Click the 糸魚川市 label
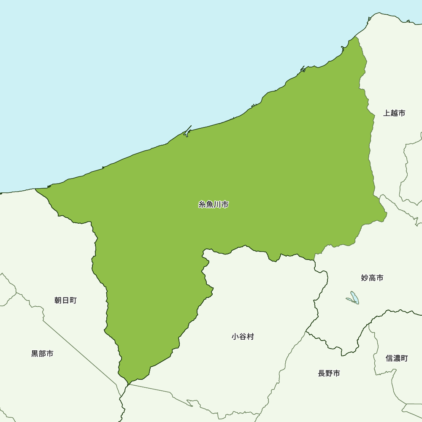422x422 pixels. click(214, 205)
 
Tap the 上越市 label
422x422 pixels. click(394, 113)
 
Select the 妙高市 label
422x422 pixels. click(372, 278)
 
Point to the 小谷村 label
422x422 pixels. click(243, 337)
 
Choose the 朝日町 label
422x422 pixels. click(65, 300)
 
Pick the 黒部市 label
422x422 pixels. click(42, 354)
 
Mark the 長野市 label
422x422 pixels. click(329, 373)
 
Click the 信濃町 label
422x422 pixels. click(397, 358)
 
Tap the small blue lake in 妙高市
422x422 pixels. click(354, 298)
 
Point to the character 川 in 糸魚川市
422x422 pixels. click(217, 205)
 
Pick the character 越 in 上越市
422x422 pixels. click(394, 113)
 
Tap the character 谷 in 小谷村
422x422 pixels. click(243, 337)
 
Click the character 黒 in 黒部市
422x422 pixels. click(35, 354)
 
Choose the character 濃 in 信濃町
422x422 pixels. click(397, 358)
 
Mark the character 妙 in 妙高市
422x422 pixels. click(365, 278)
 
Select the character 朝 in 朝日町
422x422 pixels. click(58, 300)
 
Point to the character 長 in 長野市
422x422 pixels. click(322, 373)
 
